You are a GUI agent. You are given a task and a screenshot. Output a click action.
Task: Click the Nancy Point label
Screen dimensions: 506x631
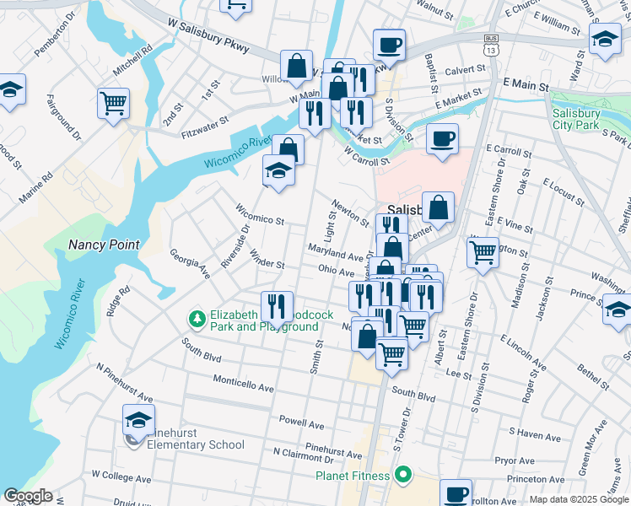pos(104,245)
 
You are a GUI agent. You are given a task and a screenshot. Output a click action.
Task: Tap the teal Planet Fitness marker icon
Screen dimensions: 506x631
pos(402,476)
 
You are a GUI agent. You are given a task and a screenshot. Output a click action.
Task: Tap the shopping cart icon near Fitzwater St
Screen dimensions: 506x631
pos(113,104)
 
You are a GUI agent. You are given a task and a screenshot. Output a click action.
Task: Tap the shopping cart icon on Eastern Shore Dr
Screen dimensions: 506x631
pos(482,251)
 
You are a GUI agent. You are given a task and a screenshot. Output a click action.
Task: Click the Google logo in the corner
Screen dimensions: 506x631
pos(28,496)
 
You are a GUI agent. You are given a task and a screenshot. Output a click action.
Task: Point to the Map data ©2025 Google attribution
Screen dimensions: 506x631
pos(579,499)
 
